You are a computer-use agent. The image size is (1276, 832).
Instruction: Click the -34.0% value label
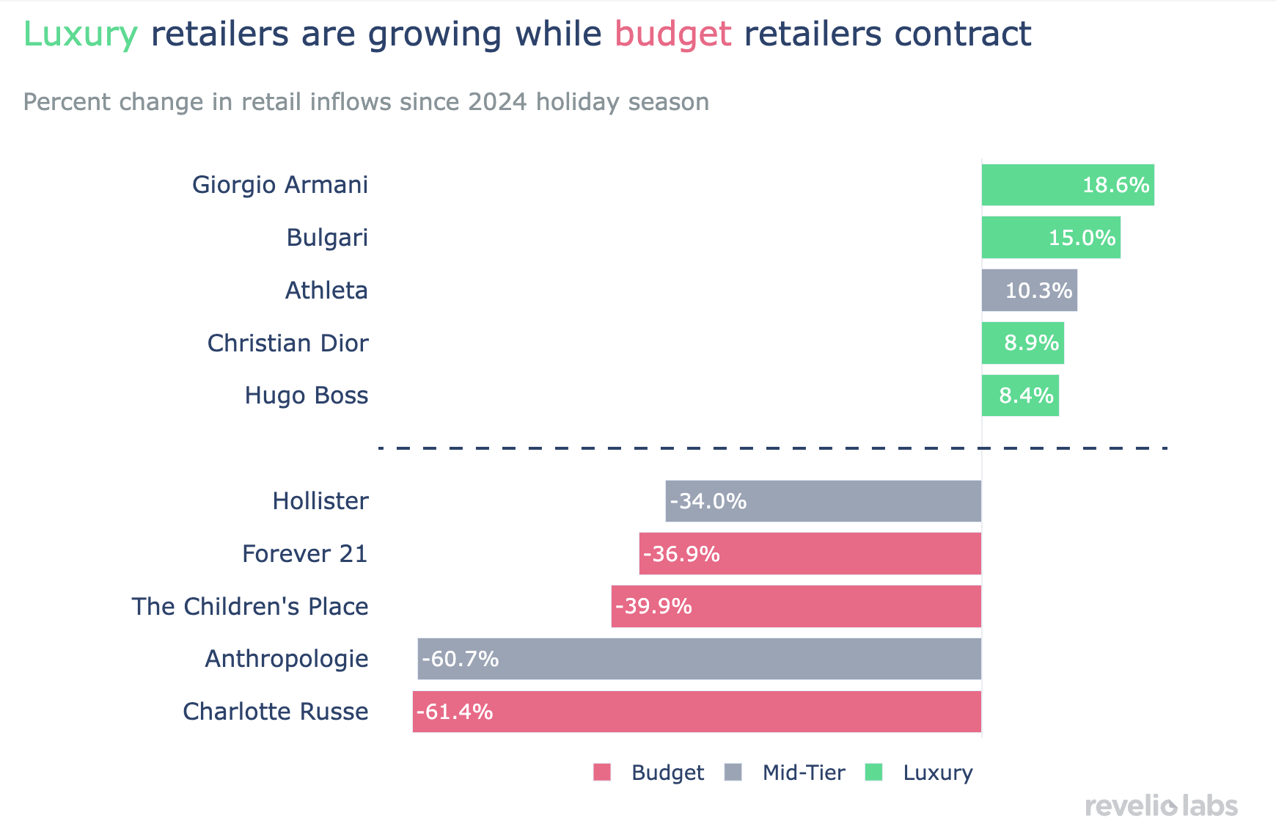click(x=708, y=501)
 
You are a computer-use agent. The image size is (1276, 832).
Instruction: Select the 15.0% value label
click(x=1082, y=238)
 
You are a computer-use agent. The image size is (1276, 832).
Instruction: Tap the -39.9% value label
click(x=653, y=607)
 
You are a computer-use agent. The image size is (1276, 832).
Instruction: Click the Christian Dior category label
click(x=287, y=343)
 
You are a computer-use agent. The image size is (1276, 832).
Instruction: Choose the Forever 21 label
click(x=304, y=554)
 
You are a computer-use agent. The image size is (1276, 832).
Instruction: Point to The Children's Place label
click(x=250, y=607)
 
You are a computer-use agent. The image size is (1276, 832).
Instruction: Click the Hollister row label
click(x=320, y=501)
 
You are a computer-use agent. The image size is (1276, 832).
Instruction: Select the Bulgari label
click(x=327, y=238)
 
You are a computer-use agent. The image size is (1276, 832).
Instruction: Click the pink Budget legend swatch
click(x=602, y=772)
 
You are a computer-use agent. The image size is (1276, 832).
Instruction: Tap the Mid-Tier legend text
click(x=804, y=773)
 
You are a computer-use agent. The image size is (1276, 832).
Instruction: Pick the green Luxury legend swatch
click(x=873, y=772)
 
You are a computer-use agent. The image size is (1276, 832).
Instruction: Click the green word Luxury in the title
click(x=81, y=34)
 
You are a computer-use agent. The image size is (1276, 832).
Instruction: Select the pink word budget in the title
click(x=672, y=34)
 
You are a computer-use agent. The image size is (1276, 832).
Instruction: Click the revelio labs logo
click(x=1161, y=806)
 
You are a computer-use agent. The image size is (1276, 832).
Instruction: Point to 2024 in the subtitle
click(x=496, y=102)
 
